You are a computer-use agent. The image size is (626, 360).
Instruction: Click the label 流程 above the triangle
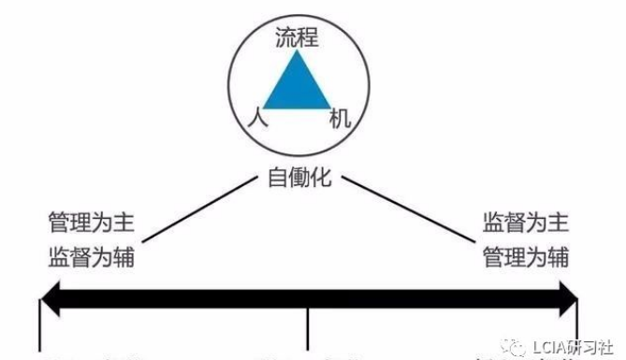[298, 38]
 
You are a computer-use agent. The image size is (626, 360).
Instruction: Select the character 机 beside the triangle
[341, 121]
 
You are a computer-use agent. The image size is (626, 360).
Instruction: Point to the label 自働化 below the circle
[298, 177]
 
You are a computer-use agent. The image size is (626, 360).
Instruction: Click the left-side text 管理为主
[92, 224]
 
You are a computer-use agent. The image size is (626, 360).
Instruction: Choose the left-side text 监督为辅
[92, 256]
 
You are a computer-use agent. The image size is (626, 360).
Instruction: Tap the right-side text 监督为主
[525, 224]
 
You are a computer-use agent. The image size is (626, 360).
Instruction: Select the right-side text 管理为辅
[525, 256]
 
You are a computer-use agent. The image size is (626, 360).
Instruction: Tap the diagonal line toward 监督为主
[402, 211]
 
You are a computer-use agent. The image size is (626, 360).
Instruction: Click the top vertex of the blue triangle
[297, 53]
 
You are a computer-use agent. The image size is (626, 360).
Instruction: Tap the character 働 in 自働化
[298, 177]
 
